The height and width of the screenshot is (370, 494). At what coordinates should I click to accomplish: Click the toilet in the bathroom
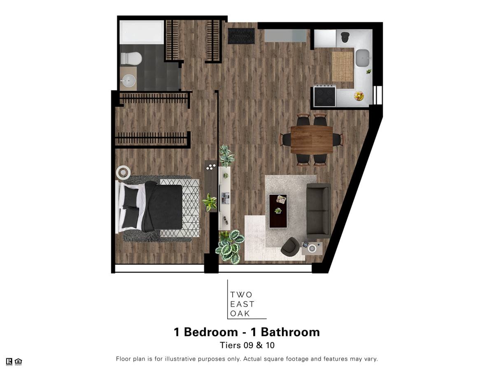(x=131, y=58)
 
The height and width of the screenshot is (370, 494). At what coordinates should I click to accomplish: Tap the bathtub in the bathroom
(x=142, y=32)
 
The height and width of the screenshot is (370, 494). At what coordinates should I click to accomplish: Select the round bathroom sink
(x=128, y=81)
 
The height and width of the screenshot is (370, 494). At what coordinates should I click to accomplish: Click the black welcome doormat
(x=241, y=36)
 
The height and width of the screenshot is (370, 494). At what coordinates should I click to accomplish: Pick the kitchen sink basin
(x=363, y=58)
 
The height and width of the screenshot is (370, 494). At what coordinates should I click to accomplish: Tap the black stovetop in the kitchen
(x=325, y=96)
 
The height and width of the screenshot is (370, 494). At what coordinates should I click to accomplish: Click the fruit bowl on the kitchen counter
(x=359, y=96)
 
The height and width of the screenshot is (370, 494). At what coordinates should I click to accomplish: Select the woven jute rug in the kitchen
(x=343, y=67)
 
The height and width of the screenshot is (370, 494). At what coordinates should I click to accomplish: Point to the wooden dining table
(x=312, y=140)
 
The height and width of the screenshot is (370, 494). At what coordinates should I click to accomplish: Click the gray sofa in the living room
(x=319, y=211)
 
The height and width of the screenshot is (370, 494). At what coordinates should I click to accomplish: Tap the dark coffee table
(x=278, y=211)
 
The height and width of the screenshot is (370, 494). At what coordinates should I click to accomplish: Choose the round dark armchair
(x=290, y=246)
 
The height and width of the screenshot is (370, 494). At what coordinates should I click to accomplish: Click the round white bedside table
(x=123, y=173)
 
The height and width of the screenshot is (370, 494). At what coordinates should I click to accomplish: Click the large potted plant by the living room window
(x=230, y=246)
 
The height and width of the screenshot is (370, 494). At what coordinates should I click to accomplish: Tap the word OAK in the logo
(x=240, y=313)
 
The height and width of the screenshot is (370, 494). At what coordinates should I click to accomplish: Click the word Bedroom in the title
(x=211, y=332)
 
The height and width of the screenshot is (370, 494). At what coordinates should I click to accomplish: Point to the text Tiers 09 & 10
(x=247, y=345)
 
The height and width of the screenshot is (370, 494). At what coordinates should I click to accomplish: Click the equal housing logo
(x=18, y=361)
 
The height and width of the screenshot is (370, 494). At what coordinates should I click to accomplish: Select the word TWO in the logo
(x=241, y=294)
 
